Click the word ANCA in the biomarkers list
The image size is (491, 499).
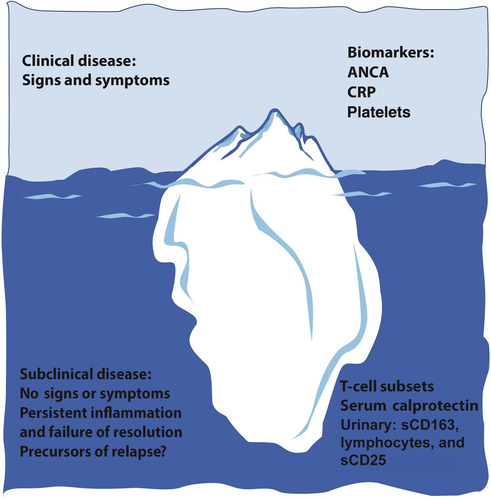click(368, 72)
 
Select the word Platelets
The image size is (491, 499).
click(379, 112)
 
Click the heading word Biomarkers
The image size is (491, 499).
click(390, 53)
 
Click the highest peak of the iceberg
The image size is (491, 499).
click(274, 111)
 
